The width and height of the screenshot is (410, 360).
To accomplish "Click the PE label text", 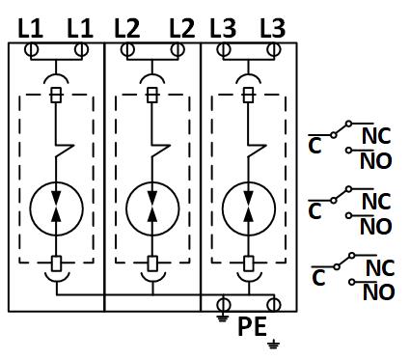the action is (252, 326).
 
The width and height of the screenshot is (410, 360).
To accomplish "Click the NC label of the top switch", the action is (376, 136).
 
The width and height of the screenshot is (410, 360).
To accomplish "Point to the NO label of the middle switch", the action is (375, 227).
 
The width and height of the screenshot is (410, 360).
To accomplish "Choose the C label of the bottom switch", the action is (318, 277).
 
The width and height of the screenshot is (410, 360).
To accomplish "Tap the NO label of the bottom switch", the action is (378, 292).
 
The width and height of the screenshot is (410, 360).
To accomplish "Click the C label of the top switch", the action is (314, 145).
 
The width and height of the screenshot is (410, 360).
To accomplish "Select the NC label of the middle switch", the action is (376, 202).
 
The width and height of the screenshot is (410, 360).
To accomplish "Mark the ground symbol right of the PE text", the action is (273, 344).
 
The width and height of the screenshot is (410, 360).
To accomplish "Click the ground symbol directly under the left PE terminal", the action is (223, 318).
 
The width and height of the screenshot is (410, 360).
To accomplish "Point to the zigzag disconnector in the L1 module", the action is (65, 151).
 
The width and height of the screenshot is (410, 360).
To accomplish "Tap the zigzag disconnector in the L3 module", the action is (257, 151).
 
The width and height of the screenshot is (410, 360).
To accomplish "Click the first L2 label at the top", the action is (127, 28).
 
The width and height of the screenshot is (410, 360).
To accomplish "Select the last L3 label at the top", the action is (272, 28).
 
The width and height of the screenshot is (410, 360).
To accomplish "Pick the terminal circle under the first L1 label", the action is (31, 50).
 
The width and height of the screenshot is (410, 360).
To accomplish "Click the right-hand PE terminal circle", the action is (274, 305).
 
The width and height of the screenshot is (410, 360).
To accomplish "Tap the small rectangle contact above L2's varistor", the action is (152, 95).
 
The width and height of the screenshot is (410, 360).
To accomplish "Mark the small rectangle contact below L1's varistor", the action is (57, 263).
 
